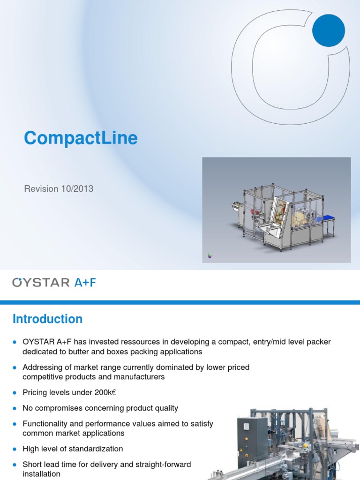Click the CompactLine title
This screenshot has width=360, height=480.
point(81,138)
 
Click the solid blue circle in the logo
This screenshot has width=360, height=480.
point(329,30)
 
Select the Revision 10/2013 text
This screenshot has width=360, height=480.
point(59,189)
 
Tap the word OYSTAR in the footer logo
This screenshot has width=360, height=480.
point(42,282)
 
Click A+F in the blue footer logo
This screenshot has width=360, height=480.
point(85,282)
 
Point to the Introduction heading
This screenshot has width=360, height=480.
point(47,319)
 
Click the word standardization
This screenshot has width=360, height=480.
point(97,449)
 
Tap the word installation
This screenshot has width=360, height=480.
point(41,474)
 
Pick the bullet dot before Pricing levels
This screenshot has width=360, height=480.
point(15,393)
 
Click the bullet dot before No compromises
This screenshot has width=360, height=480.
point(15,408)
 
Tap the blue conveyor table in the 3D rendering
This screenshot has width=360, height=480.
point(327,217)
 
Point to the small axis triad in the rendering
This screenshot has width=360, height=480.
point(210,255)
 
